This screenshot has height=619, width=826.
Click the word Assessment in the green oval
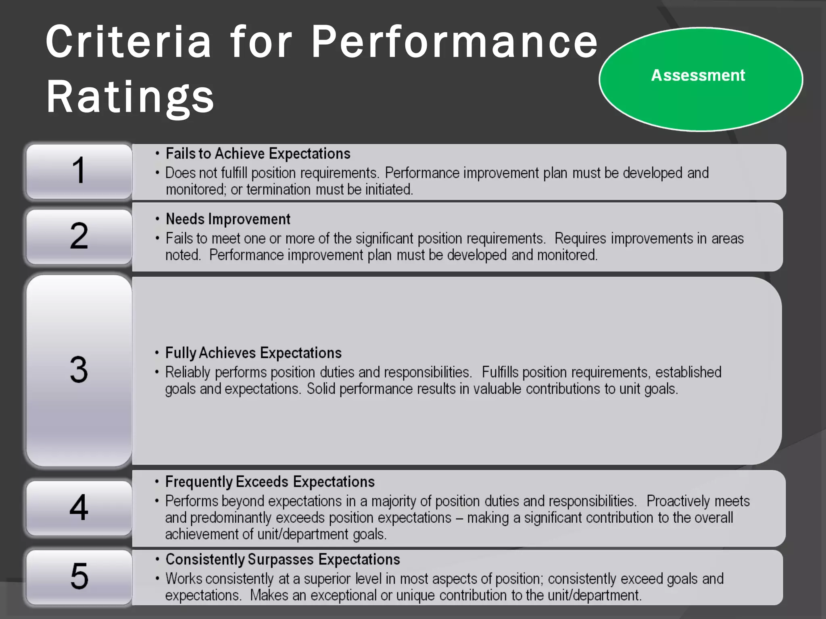(698, 75)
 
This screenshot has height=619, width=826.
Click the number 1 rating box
(79, 171)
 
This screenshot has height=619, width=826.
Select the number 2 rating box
(79, 236)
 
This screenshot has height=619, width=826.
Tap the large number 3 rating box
(79, 370)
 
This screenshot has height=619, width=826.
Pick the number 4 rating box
(79, 507)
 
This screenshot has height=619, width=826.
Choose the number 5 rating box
(79, 576)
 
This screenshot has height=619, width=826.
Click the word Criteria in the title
(128, 42)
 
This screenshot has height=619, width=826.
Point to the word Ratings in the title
(130, 97)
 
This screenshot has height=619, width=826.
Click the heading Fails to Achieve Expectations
(258, 154)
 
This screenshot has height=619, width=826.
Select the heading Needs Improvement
(228, 219)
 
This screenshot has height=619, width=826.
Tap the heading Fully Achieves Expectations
(253, 353)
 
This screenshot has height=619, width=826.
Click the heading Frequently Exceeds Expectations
(270, 482)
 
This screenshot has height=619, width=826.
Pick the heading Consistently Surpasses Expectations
(283, 560)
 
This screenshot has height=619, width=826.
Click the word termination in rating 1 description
(278, 189)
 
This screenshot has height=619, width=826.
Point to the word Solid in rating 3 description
(321, 389)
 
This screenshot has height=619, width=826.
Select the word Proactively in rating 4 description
(678, 501)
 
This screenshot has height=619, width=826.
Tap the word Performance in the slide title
(455, 42)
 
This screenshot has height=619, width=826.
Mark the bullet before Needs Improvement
(157, 219)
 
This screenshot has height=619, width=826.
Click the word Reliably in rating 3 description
(188, 372)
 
